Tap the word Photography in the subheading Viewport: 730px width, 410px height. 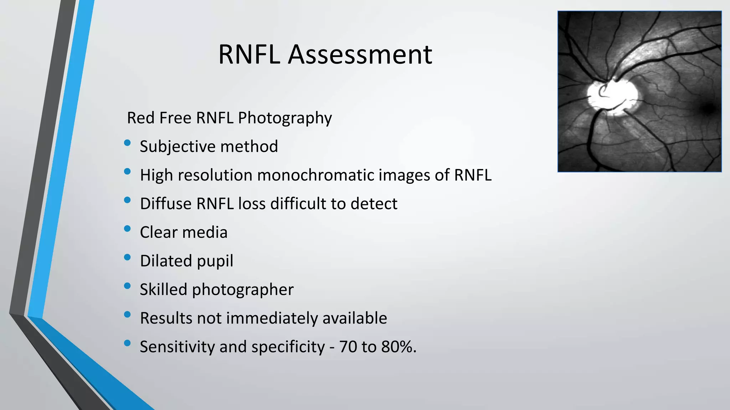point(285,118)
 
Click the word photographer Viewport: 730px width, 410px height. point(242,290)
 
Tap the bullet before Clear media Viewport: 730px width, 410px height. point(127,229)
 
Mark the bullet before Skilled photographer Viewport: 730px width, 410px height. point(127,286)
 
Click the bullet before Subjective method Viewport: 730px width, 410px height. point(127,143)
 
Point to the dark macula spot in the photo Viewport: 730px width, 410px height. point(709,107)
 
